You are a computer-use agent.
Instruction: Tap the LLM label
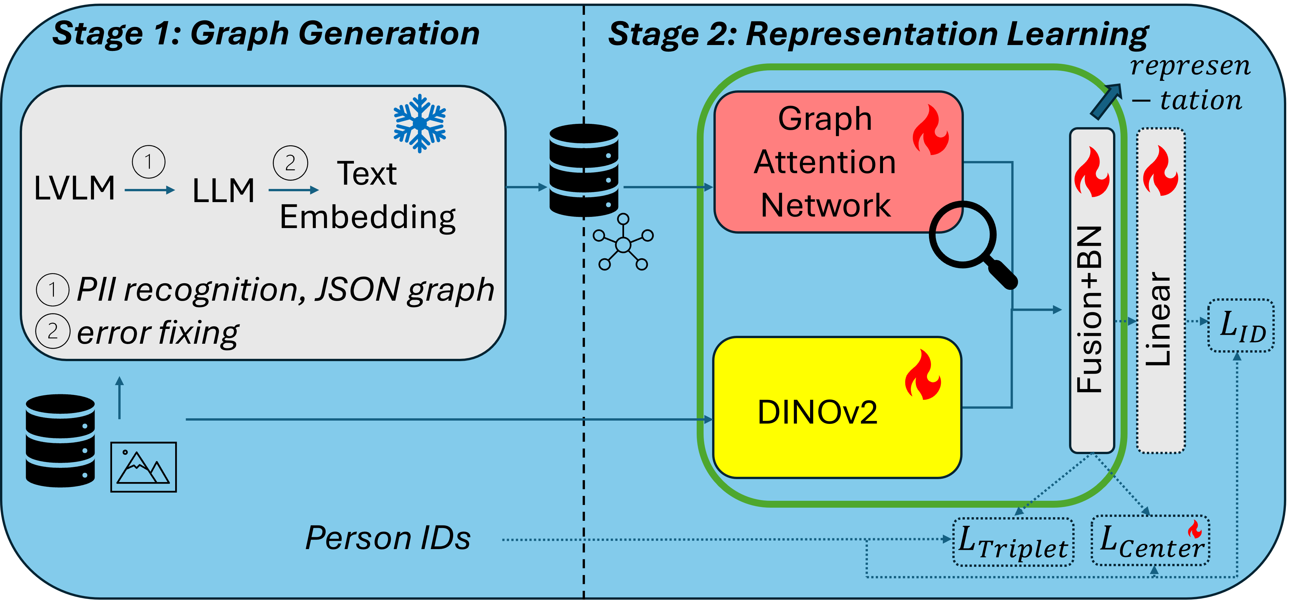[x=223, y=191]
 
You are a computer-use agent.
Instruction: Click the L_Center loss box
[x=1150, y=540]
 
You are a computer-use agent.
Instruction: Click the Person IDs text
[x=388, y=538]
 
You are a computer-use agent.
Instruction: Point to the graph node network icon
[x=623, y=243]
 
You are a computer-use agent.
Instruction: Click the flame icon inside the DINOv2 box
[x=923, y=375]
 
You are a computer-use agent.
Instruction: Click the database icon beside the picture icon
[x=60, y=441]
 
